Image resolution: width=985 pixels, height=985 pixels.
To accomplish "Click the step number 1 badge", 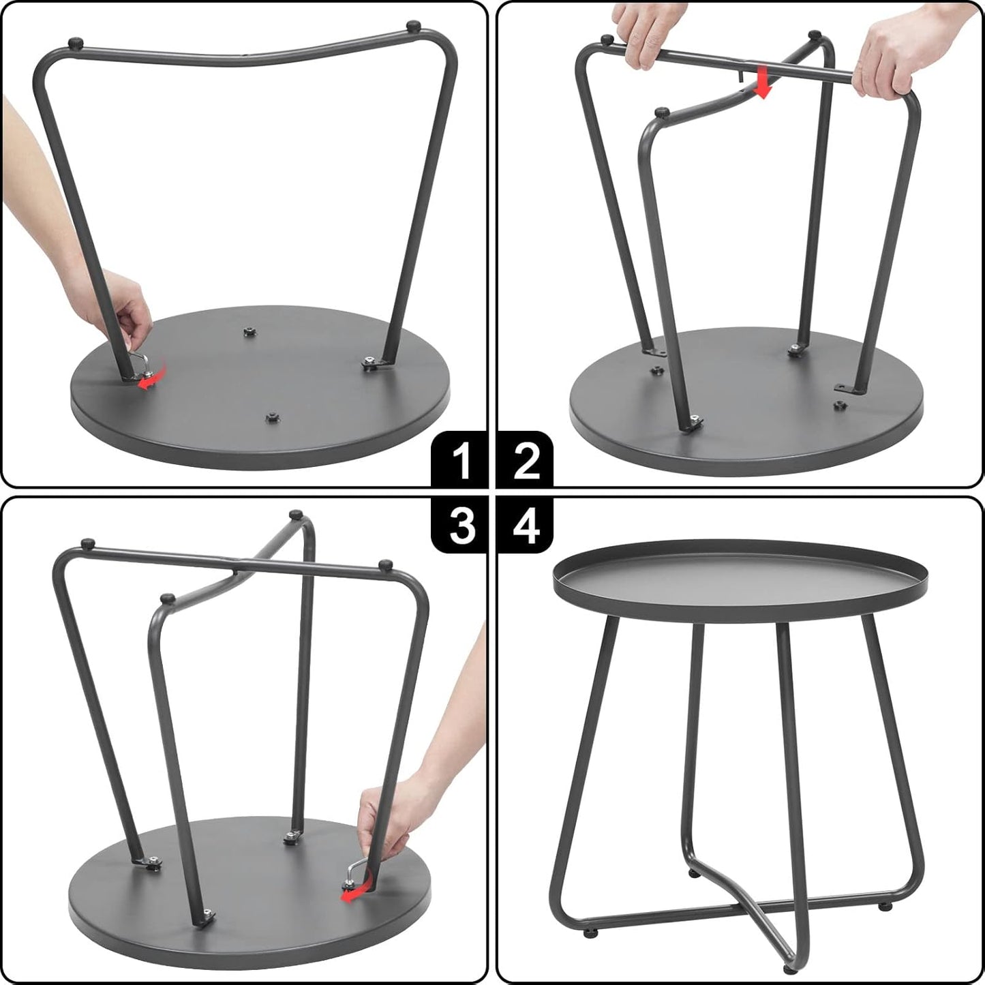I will (x=462, y=461).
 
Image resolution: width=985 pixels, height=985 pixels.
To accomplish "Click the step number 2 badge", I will (x=526, y=461).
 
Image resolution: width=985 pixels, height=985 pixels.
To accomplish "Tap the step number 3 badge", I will (x=462, y=526).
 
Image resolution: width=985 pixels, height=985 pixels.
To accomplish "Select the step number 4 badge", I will (x=526, y=526).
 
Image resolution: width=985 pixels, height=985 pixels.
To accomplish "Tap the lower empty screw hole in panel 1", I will (x=273, y=416).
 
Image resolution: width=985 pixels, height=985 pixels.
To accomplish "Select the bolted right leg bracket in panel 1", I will (x=372, y=363).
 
